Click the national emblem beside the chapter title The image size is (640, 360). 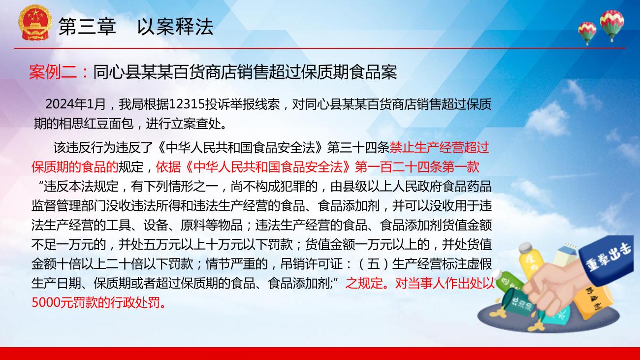tap(35, 22)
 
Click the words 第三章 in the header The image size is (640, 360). tap(87, 26)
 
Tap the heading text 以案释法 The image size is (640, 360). tap(175, 26)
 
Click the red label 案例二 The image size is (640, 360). tap(53, 72)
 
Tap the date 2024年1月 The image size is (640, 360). tap(75, 104)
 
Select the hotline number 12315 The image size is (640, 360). tap(187, 104)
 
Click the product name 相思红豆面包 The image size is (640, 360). tap(96, 124)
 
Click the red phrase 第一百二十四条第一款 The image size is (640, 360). tap(417, 167)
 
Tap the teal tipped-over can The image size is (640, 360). tap(518, 302)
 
